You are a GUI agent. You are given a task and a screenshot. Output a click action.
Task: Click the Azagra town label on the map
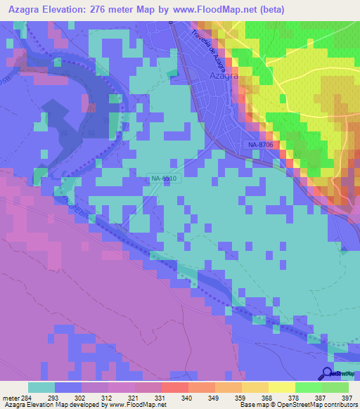(225, 75)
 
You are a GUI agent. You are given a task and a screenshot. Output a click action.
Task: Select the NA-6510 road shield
(165, 179)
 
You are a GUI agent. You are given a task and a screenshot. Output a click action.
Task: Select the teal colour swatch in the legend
(41, 387)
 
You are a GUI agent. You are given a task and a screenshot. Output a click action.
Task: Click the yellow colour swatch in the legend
(281, 387)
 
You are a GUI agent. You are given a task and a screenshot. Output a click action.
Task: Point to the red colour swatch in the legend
(174, 387)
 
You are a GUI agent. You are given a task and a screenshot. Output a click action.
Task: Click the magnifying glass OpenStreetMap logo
(328, 374)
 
